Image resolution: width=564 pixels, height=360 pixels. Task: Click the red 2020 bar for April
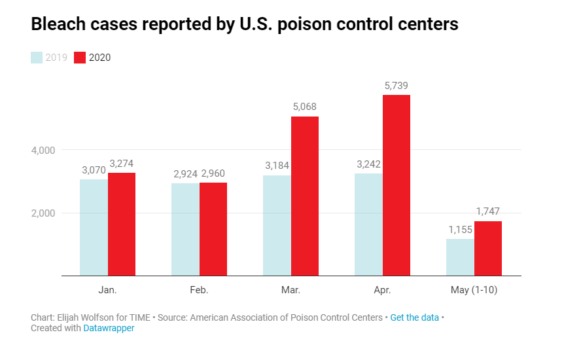pos(397,185)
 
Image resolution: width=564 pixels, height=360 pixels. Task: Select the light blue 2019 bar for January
pos(94,227)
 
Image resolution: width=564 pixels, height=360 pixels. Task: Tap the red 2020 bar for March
pos(305,196)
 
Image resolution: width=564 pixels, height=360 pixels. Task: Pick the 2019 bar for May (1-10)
pos(460,257)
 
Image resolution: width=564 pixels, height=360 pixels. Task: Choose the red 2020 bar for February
pos(213,229)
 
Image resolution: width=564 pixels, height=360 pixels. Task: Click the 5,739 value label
pos(397,86)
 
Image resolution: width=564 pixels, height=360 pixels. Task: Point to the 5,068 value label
pos(305,107)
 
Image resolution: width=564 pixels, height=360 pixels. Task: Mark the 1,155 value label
pos(460,230)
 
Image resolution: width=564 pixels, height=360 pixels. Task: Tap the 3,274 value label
pos(122,163)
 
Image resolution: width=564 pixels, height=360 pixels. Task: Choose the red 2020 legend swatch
pos(80,58)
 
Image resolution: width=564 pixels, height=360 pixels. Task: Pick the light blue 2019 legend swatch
pos(37,58)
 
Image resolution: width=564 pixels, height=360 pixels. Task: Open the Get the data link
pos(414,317)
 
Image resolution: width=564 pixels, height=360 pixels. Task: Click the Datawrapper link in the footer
pos(109,328)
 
